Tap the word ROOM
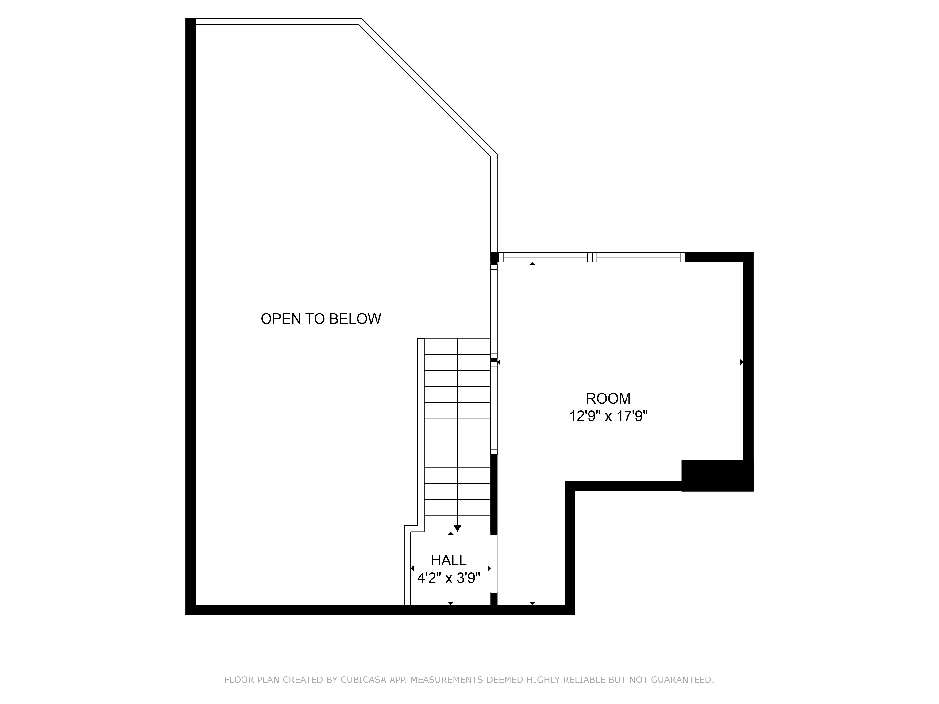click(608, 398)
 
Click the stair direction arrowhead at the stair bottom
click(457, 528)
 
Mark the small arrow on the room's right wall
click(742, 362)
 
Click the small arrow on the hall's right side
click(489, 568)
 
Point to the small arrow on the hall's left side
click(412, 568)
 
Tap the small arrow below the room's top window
click(532, 264)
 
